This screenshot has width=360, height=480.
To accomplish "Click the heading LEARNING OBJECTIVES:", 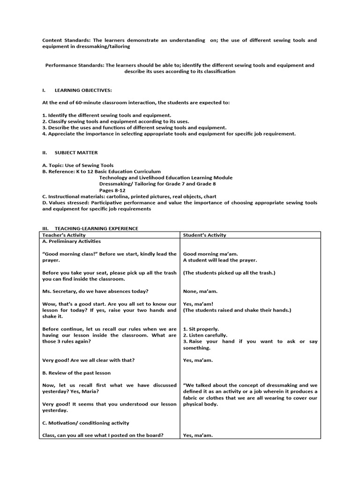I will click(x=83, y=90).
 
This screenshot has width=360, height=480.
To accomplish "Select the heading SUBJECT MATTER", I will click(x=76, y=152).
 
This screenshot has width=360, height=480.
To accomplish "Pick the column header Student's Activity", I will click(x=204, y=235).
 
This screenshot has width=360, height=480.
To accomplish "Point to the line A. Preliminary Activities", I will click(x=71, y=241).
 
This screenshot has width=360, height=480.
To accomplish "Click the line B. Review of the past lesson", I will click(x=76, y=373).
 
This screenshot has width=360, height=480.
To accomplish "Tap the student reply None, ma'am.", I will click(x=200, y=291).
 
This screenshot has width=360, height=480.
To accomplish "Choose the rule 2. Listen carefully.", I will click(x=205, y=335).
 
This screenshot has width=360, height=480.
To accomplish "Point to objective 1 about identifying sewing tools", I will click(x=106, y=115).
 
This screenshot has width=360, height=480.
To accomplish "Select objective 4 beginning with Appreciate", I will click(x=169, y=134).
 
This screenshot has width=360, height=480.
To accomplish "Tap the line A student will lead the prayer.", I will click(x=219, y=260).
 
